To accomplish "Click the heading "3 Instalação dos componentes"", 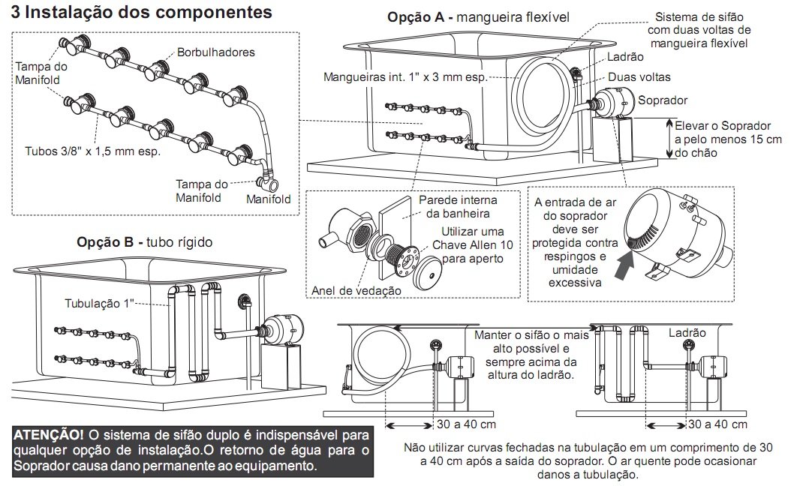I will point(142,13).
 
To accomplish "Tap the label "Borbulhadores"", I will point(216,52).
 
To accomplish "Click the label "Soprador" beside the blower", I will point(662,100).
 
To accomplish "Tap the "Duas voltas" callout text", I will point(639,76).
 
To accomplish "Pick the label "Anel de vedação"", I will point(354,290).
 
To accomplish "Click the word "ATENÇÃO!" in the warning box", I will point(49,435).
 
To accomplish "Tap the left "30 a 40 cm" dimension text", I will point(466,424).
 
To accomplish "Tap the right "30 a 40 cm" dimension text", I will point(718,424).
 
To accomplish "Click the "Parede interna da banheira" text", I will point(458,207).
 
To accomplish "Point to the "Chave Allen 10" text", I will point(469,245).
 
